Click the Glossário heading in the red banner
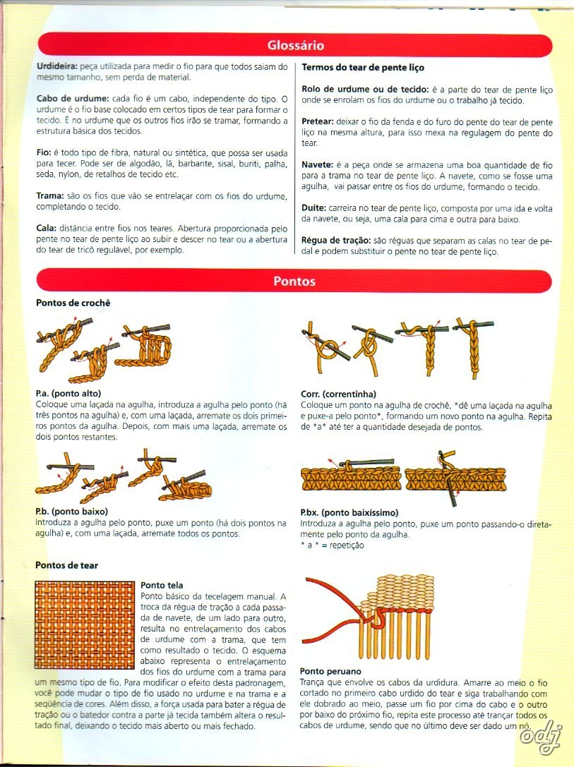click(x=295, y=46)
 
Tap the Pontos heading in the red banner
click(x=294, y=281)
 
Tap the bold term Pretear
click(x=318, y=121)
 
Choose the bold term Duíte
click(x=313, y=208)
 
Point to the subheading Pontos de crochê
click(x=73, y=303)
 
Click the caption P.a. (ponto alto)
click(x=68, y=393)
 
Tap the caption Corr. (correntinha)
click(x=338, y=394)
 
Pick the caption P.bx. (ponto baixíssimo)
click(x=349, y=512)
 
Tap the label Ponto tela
click(x=162, y=585)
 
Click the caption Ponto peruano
click(x=331, y=671)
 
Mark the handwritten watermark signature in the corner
click(x=540, y=734)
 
